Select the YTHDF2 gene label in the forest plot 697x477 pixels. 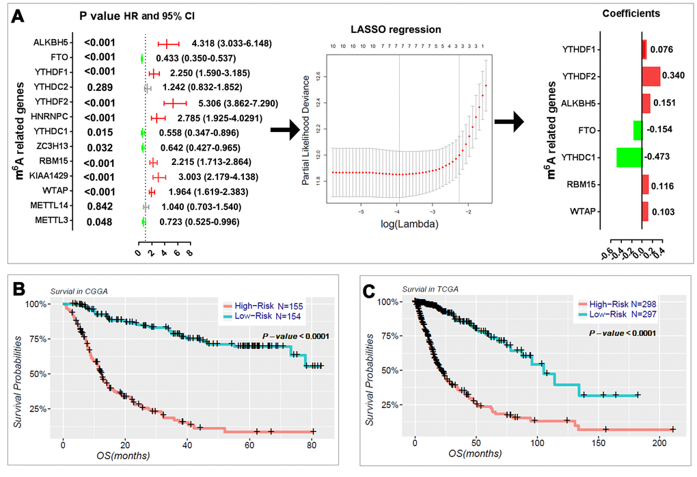tap(51, 103)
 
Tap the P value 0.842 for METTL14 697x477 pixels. tap(100, 207)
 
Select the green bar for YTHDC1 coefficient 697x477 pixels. tap(629, 157)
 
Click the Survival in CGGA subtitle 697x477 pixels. tap(84, 291)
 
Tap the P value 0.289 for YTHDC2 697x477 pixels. tap(100, 88)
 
